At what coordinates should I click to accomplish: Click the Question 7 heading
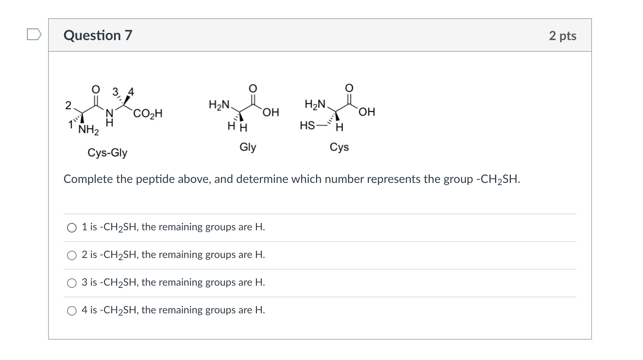coord(98,35)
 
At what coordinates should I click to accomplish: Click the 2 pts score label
coord(562,36)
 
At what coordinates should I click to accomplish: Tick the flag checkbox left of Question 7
coord(34,35)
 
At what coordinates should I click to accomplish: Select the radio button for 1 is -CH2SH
coord(72,228)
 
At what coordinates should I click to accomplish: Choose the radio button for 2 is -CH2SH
coord(72,255)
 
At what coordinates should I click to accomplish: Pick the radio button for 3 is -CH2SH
coord(72,283)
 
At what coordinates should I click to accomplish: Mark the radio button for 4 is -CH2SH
coord(72,311)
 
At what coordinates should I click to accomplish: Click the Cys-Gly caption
coord(107,152)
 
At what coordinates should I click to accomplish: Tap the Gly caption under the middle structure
coord(248,147)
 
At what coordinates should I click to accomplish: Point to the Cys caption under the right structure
coord(339,147)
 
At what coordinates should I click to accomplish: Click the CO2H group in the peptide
coord(148,114)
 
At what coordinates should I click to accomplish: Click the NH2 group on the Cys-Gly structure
coord(89,130)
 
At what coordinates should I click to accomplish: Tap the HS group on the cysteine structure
coord(307,126)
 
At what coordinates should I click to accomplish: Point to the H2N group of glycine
coord(219,105)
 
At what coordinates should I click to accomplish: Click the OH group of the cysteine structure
coord(367,111)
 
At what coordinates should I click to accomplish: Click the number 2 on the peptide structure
coord(68,105)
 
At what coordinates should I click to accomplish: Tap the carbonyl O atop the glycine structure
coord(253,88)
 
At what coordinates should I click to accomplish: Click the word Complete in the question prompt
coord(88,179)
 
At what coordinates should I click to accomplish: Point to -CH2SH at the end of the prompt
coord(498,179)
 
